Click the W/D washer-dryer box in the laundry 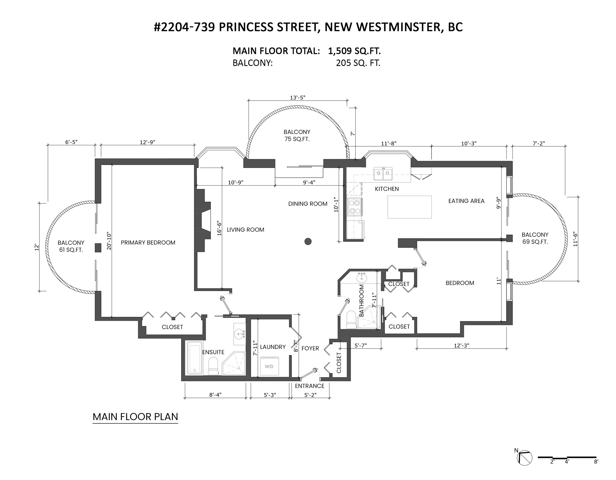pyautogui.click(x=269, y=366)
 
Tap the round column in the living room pyautogui.click(x=308, y=241)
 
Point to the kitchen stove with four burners pyautogui.click(x=355, y=207)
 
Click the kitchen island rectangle pyautogui.click(x=409, y=207)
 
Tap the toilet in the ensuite pyautogui.click(x=213, y=366)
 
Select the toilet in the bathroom pyautogui.click(x=351, y=320)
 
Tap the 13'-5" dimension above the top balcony pyautogui.click(x=297, y=98)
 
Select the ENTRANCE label pyautogui.click(x=309, y=386)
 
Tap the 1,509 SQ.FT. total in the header pyautogui.click(x=354, y=51)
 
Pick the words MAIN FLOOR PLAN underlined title pyautogui.click(x=135, y=417)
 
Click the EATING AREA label pyautogui.click(x=466, y=201)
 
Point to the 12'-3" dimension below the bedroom pyautogui.click(x=462, y=345)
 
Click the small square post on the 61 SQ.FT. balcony pyautogui.click(x=98, y=247)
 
